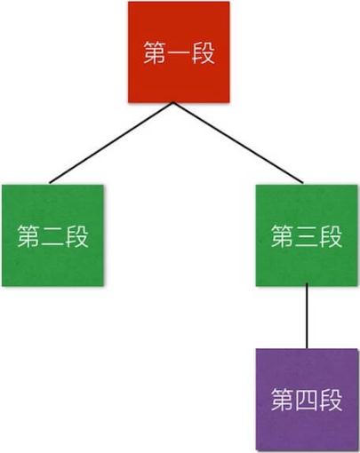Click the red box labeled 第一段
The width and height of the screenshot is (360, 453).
[179, 52]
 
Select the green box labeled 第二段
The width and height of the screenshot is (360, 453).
[52, 235]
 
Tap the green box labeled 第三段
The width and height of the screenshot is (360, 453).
[307, 235]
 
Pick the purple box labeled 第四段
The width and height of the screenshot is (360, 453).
[307, 400]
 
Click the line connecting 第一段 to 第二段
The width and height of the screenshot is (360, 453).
[111, 143]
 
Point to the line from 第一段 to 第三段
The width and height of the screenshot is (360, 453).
[238, 143]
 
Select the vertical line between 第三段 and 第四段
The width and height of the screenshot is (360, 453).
[307, 316]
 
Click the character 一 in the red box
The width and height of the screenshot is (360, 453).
[179, 53]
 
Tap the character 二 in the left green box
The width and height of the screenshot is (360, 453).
[52, 237]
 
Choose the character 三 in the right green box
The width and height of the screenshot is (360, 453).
[307, 236]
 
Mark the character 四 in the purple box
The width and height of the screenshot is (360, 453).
[307, 400]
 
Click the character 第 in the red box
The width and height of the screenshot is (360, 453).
[155, 52]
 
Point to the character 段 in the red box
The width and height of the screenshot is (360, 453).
[203, 52]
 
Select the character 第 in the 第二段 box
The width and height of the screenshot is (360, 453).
[28, 236]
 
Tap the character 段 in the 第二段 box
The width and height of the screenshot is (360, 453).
[76, 236]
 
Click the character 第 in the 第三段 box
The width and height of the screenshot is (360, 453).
[283, 236]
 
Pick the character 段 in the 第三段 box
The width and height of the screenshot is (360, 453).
[331, 236]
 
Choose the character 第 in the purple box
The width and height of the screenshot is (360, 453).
[283, 400]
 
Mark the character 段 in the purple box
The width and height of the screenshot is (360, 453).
[331, 400]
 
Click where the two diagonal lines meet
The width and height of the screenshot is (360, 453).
[173, 103]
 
